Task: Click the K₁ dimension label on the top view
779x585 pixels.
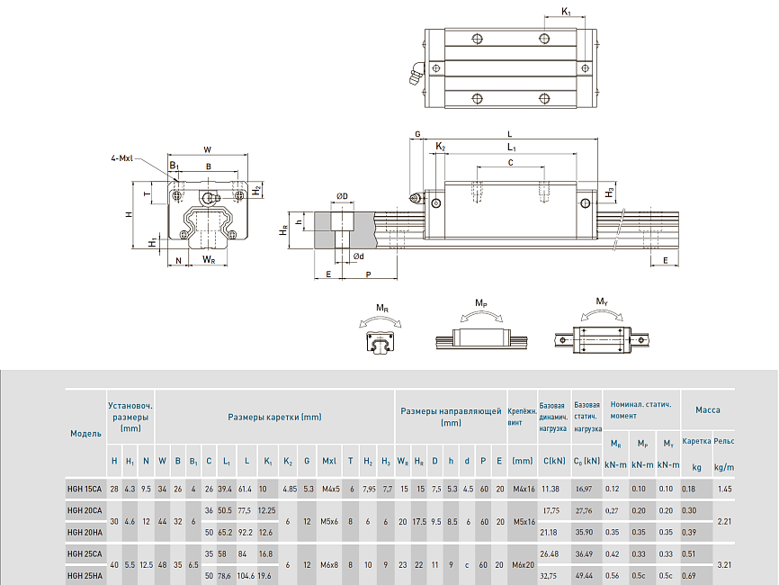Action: pyautogui.click(x=566, y=12)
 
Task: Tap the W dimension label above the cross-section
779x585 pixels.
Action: pyautogui.click(x=207, y=149)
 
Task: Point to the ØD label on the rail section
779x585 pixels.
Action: pyautogui.click(x=342, y=196)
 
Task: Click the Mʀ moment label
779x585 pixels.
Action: pyautogui.click(x=383, y=309)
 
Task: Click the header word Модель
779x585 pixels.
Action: pyautogui.click(x=85, y=434)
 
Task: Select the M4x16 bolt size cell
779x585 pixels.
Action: pyautogui.click(x=523, y=489)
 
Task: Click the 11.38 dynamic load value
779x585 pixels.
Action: pyautogui.click(x=551, y=489)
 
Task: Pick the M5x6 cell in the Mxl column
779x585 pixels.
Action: pyautogui.click(x=330, y=521)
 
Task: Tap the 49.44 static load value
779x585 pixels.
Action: pyautogui.click(x=585, y=575)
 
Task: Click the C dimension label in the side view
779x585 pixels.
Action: pyautogui.click(x=510, y=163)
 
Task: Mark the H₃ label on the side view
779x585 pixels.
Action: pyautogui.click(x=610, y=193)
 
